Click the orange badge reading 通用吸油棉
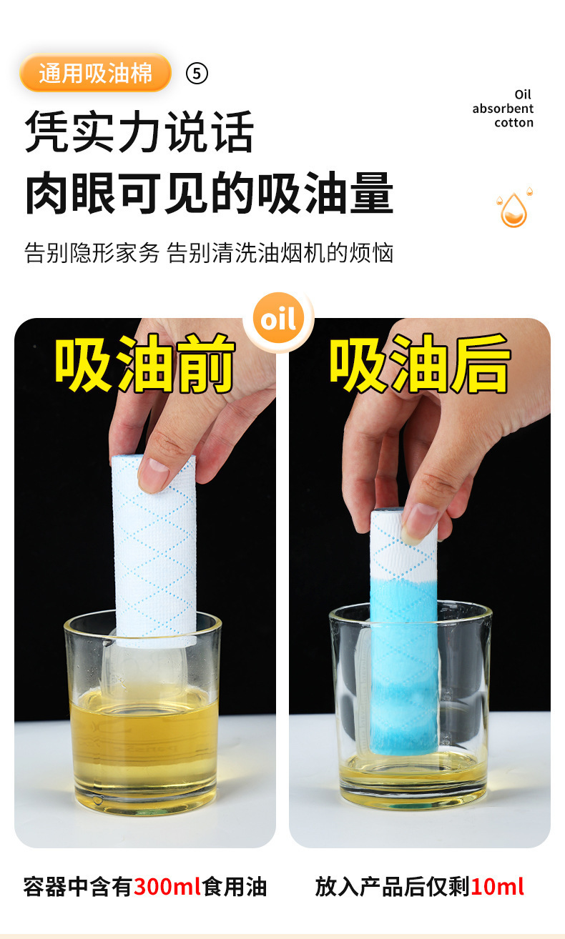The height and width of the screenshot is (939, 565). pyautogui.click(x=95, y=73)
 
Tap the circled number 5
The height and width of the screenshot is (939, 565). pyautogui.click(x=197, y=74)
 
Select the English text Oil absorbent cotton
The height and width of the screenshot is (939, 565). pyautogui.click(x=503, y=109)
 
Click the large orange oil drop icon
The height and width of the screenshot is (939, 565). pyautogui.click(x=514, y=210)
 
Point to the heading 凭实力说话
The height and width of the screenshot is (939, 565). pyautogui.click(x=139, y=131)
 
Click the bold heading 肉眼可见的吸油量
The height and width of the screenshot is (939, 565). pyautogui.click(x=210, y=193)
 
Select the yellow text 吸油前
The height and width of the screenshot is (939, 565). pyautogui.click(x=144, y=363)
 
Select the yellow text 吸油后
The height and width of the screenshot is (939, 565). pyautogui.click(x=420, y=363)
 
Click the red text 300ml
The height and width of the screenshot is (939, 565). pyautogui.click(x=167, y=888)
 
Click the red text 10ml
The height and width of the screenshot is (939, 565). pyautogui.click(x=498, y=888)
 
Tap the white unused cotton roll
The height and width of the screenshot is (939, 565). pyautogui.click(x=154, y=549)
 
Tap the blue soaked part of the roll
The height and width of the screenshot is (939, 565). pyautogui.click(x=403, y=662)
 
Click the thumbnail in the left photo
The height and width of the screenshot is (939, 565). pyautogui.click(x=154, y=475)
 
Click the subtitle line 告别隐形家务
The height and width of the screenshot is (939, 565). pyautogui.click(x=92, y=253)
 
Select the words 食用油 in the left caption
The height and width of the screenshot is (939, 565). pyautogui.click(x=235, y=888)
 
